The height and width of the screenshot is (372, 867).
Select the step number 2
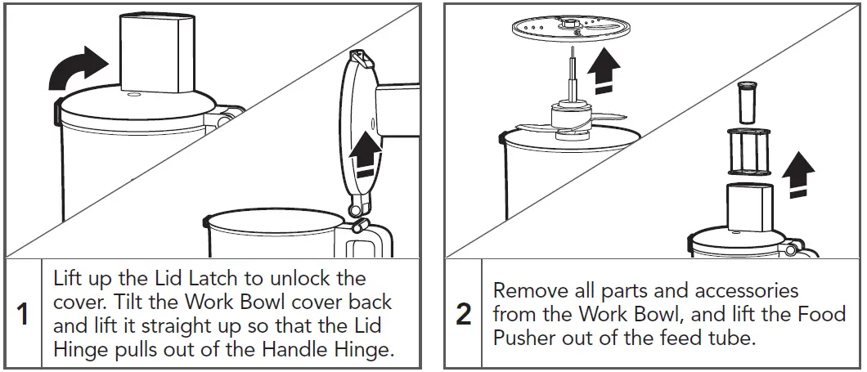pos(464,314)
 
